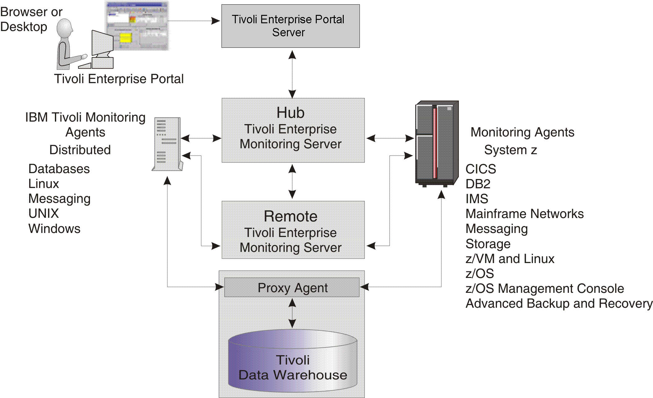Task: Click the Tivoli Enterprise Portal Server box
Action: point(290,26)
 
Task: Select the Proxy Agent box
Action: point(292,288)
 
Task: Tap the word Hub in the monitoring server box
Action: point(290,113)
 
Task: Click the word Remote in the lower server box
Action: point(290,216)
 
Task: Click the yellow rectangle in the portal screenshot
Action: point(126,38)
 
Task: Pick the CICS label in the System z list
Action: point(481,169)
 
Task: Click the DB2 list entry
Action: point(478,184)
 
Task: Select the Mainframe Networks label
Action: point(524,214)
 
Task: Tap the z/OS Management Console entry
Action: point(544,288)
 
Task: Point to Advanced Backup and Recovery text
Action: point(559,303)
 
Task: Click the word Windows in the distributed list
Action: point(54,229)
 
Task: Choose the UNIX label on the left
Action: point(43,213)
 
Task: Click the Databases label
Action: point(59,169)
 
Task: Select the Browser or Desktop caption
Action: point(31,19)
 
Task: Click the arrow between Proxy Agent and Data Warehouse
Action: point(292,313)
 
